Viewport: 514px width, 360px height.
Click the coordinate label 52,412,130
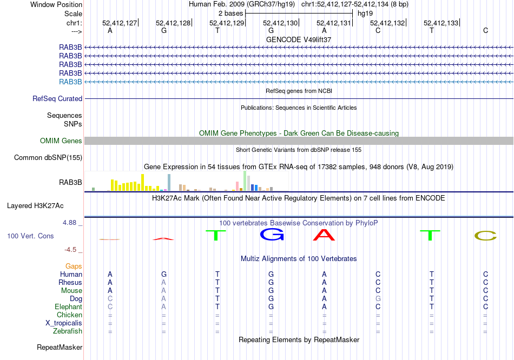click(x=280, y=23)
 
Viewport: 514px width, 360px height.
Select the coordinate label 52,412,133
click(x=441, y=23)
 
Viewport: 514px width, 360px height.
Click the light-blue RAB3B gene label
click(x=70, y=82)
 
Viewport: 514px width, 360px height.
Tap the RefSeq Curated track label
click(x=57, y=99)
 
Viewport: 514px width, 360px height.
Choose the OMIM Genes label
click(x=61, y=141)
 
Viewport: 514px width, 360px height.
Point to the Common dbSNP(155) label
click(x=48, y=158)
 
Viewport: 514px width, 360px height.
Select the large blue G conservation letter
click(x=272, y=235)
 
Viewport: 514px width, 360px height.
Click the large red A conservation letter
click(x=325, y=235)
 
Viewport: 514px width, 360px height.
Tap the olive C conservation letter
click(x=485, y=236)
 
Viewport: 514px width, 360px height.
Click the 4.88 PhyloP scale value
click(x=70, y=223)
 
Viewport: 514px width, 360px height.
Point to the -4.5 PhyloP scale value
click(x=71, y=250)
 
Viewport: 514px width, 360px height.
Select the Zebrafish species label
click(x=68, y=331)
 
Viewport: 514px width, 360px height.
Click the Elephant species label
click(x=68, y=307)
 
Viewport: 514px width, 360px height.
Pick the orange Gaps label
click(x=74, y=266)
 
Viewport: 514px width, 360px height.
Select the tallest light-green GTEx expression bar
click(x=245, y=181)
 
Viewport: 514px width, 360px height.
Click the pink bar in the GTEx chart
click(x=238, y=186)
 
